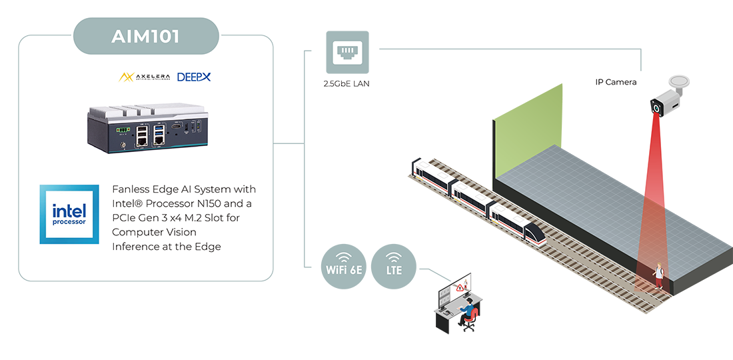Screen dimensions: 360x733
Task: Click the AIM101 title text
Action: click(145, 36)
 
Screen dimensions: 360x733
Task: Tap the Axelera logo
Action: click(144, 77)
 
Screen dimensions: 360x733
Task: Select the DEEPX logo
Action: click(194, 77)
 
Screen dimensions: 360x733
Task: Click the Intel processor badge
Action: click(69, 214)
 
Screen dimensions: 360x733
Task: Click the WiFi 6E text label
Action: click(344, 271)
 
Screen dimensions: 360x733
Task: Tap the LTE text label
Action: click(394, 271)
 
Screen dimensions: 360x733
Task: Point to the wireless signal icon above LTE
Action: click(394, 257)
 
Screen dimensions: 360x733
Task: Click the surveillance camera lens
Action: click(658, 107)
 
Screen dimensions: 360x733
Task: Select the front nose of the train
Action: click(534, 233)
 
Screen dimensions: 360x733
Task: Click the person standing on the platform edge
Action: click(658, 275)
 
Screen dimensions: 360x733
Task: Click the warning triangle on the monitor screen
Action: click(460, 288)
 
